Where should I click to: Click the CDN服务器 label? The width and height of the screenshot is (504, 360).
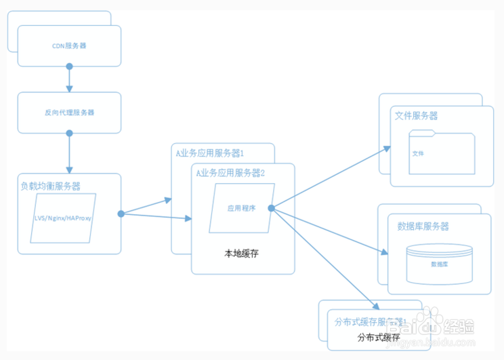pyautogui.click(x=69, y=46)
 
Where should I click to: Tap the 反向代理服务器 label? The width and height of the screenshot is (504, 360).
pyautogui.click(x=69, y=112)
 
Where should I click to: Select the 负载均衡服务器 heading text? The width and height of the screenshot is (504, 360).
pyautogui.click(x=51, y=186)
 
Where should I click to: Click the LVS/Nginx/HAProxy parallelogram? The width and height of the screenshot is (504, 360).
pyautogui.click(x=64, y=219)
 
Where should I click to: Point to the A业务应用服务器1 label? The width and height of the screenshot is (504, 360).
pyautogui.click(x=210, y=153)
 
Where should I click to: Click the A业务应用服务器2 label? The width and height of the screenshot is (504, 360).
pyautogui.click(x=230, y=173)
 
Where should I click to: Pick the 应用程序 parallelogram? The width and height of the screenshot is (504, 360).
pyautogui.click(x=242, y=208)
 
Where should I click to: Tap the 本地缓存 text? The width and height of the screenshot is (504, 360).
pyautogui.click(x=242, y=254)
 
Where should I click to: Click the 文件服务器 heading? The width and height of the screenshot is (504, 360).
pyautogui.click(x=416, y=116)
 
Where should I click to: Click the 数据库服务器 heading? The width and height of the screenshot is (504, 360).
pyautogui.click(x=423, y=226)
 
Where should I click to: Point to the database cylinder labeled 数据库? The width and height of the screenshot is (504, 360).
pyautogui.click(x=438, y=263)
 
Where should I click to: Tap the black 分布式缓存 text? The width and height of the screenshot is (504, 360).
pyautogui.click(x=379, y=337)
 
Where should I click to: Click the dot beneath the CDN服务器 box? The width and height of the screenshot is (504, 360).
pyautogui.click(x=69, y=66)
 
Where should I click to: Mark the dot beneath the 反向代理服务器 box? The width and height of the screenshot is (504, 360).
pyautogui.click(x=69, y=133)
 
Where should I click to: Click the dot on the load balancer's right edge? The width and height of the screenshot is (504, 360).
pyautogui.click(x=121, y=214)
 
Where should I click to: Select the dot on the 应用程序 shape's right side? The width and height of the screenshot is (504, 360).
pyautogui.click(x=271, y=208)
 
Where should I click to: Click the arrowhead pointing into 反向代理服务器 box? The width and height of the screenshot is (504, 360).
pyautogui.click(x=69, y=89)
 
